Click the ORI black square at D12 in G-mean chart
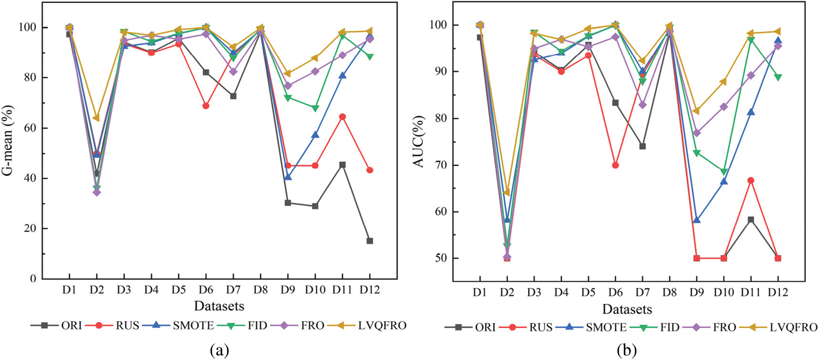tap(370, 241)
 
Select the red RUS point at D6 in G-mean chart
tap(206, 106)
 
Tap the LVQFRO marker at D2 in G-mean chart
tap(96, 118)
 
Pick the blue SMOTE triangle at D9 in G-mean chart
tap(288, 177)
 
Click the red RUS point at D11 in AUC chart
tap(751, 180)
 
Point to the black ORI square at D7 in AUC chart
tap(642, 146)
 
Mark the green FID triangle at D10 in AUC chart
tap(724, 172)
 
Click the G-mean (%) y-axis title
tap(8, 140)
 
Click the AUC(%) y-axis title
tap(419, 141)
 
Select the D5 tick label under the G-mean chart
tap(179, 290)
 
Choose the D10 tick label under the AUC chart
tap(724, 292)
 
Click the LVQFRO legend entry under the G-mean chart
tap(382, 326)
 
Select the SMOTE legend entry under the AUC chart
tap(606, 327)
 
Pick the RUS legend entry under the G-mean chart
tap(127, 326)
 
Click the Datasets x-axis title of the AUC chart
tap(627, 309)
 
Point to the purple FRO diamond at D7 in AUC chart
tap(642, 105)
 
